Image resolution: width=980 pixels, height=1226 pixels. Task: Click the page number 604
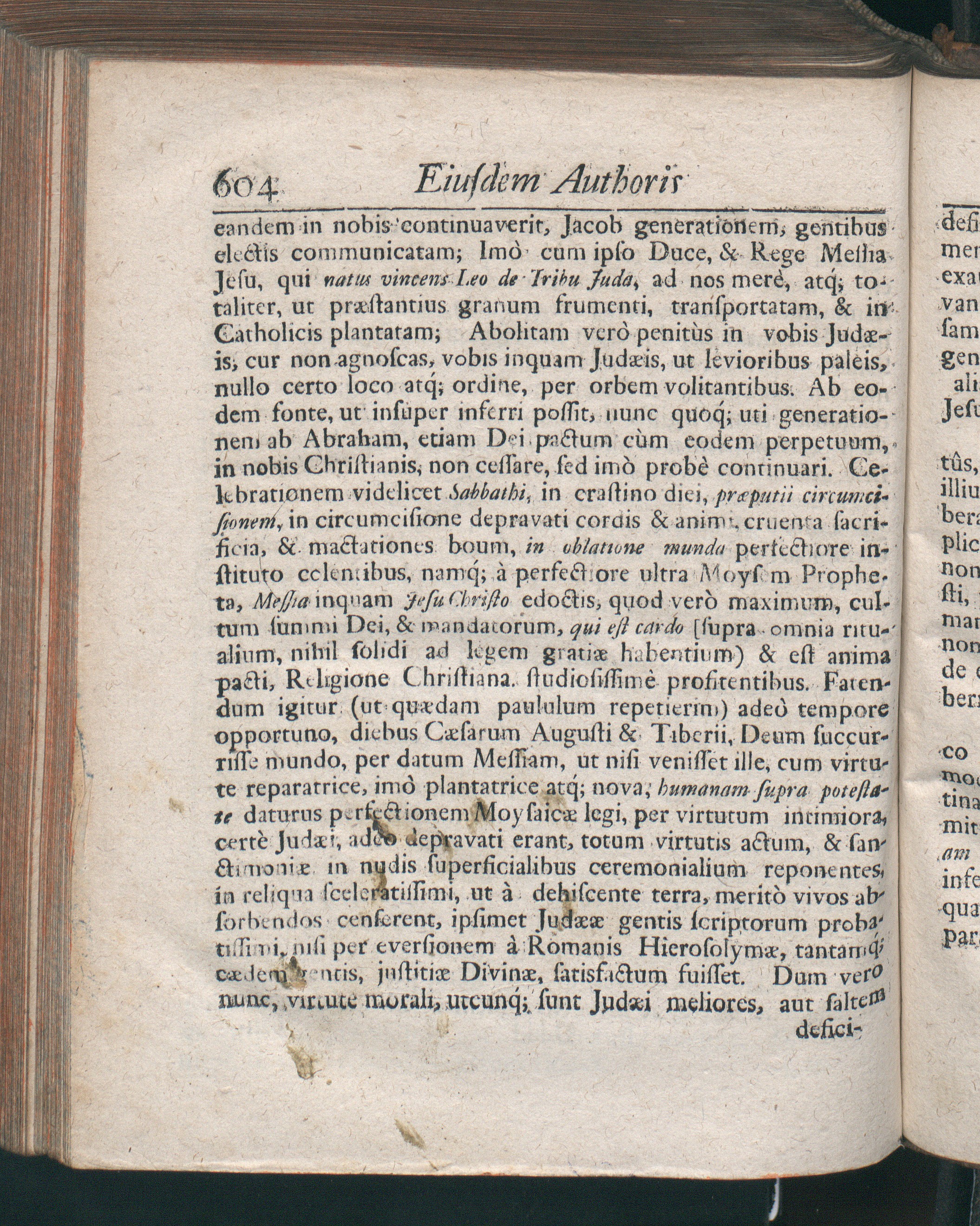pyautogui.click(x=248, y=184)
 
